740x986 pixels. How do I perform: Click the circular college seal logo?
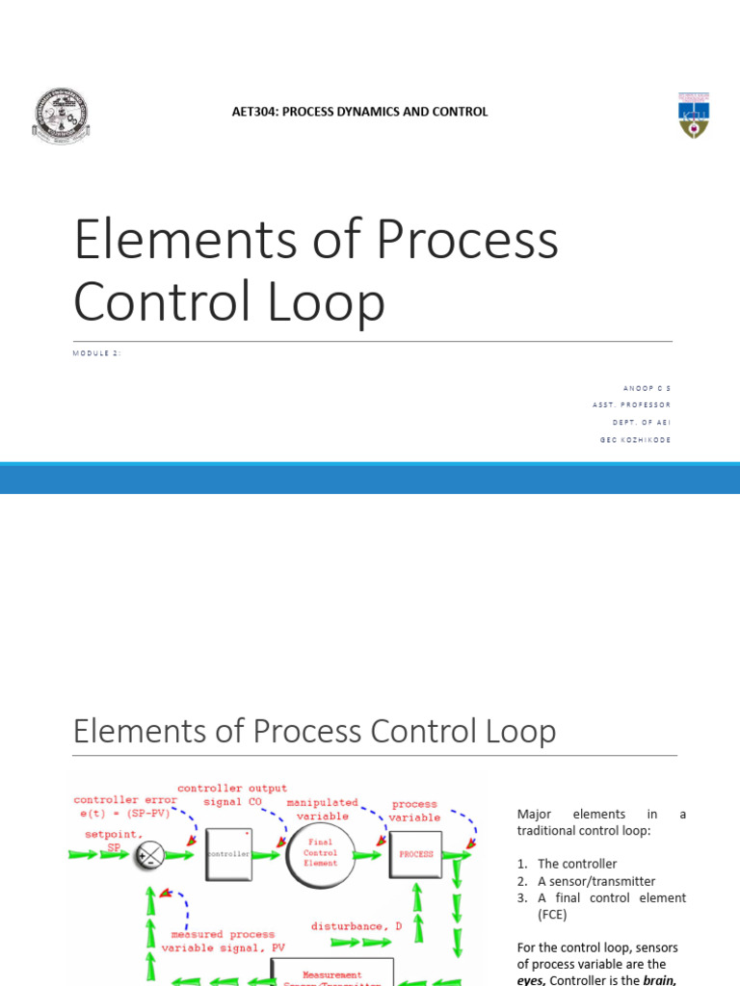pyautogui.click(x=61, y=117)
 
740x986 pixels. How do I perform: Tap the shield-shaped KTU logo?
pyautogui.click(x=693, y=116)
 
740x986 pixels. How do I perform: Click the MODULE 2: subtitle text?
pyautogui.click(x=97, y=353)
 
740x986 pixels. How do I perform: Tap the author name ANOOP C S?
pyautogui.click(x=647, y=388)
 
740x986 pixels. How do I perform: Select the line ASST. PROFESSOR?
pyautogui.click(x=632, y=405)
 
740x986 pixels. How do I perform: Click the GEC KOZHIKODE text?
pyautogui.click(x=635, y=440)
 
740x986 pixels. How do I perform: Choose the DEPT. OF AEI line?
pyautogui.click(x=642, y=423)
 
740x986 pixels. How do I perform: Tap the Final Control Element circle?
pyautogui.click(x=321, y=852)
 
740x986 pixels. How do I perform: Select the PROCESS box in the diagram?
pyautogui.click(x=415, y=854)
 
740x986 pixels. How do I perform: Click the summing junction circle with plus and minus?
pyautogui.click(x=149, y=854)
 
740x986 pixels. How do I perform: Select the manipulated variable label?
pyautogui.click(x=323, y=809)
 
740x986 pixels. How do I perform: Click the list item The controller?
pyautogui.click(x=577, y=864)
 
